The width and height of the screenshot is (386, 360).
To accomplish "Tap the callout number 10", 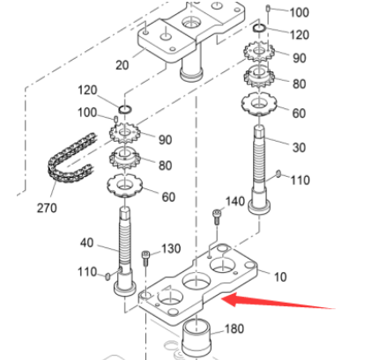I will click(x=280, y=276).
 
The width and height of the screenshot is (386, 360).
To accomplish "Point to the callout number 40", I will click(x=86, y=243).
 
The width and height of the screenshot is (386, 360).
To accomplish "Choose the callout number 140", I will click(x=234, y=202).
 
